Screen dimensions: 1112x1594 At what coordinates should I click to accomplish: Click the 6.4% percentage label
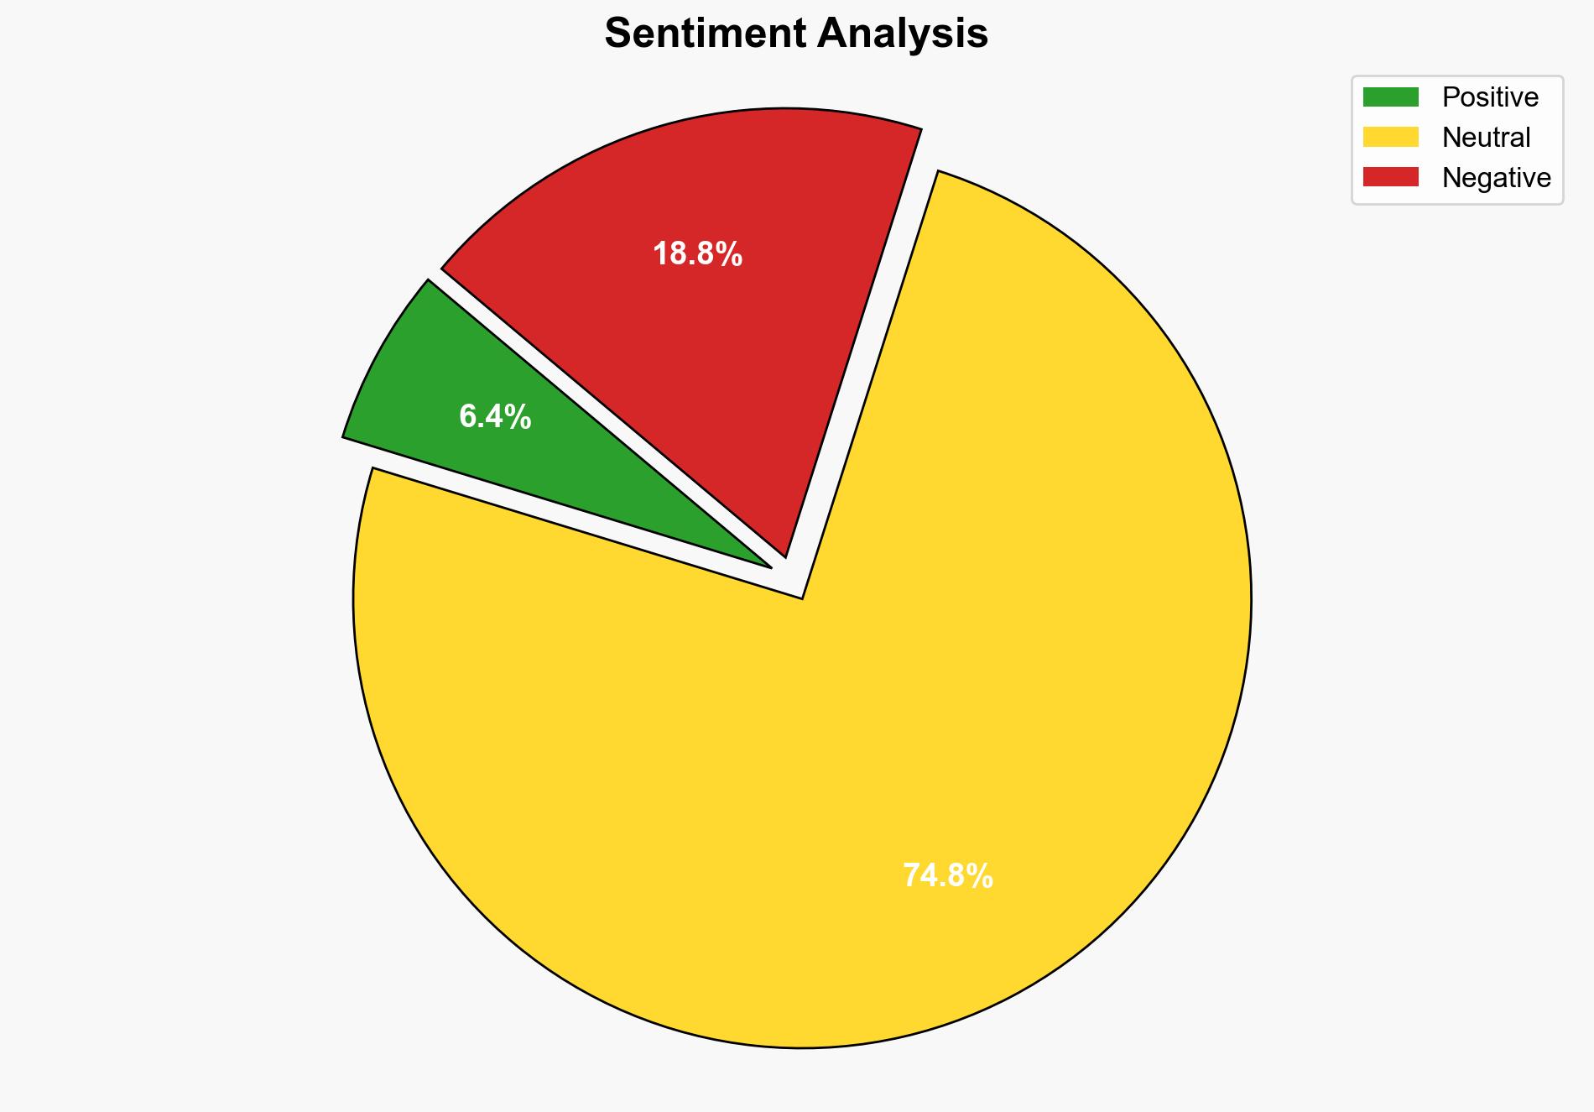[495, 417]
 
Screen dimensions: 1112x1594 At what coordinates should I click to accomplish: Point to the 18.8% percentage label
[697, 253]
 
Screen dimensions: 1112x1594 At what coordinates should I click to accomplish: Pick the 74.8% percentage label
[948, 876]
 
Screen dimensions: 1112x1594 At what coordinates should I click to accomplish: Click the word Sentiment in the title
[705, 34]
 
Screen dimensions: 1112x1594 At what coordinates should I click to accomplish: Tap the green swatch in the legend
[1390, 97]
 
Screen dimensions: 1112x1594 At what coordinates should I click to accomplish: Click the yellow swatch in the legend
[1390, 137]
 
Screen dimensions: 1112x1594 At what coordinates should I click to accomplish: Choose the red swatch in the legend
[1390, 177]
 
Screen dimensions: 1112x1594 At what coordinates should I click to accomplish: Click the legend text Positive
[1490, 97]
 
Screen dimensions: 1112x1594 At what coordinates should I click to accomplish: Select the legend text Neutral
[1486, 137]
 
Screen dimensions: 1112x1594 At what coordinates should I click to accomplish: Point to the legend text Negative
[1496, 177]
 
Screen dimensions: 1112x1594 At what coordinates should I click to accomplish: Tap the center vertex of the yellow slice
[802, 598]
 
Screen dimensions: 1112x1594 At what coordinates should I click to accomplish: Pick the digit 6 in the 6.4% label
[467, 417]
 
